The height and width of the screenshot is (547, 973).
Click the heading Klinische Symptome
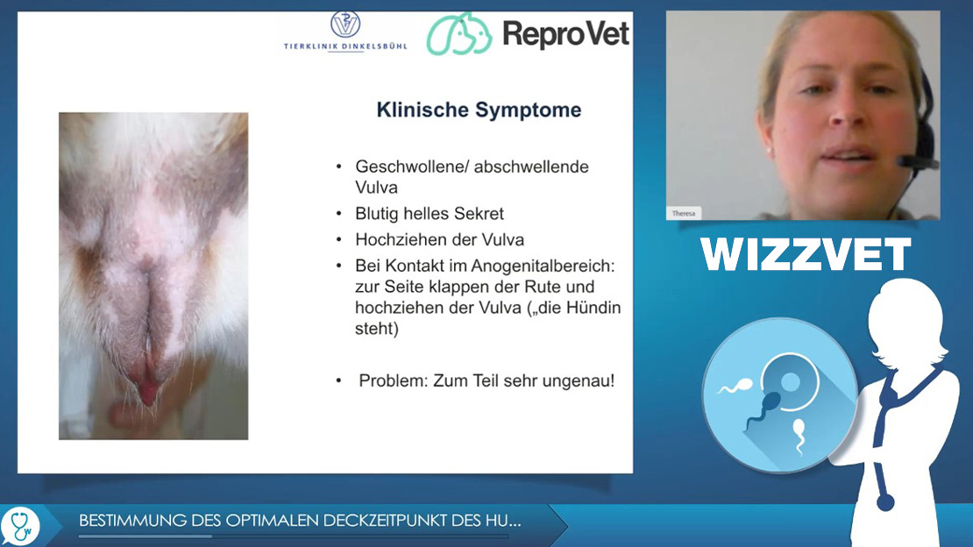[479, 110]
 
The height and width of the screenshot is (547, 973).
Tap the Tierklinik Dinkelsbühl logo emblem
[345, 25]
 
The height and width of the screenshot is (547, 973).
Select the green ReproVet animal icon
[458, 33]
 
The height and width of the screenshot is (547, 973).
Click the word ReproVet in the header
[565, 33]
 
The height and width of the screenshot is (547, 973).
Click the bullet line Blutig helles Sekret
[429, 214]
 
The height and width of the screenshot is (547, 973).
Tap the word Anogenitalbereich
[543, 266]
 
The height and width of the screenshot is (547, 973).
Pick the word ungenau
[579, 380]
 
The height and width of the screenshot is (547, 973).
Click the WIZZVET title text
[806, 254]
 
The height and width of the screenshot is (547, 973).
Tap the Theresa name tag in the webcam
[683, 214]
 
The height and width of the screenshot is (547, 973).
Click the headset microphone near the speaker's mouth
[917, 163]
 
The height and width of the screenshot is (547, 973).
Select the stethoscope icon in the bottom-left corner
[20, 526]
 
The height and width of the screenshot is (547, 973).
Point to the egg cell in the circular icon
[789, 381]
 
